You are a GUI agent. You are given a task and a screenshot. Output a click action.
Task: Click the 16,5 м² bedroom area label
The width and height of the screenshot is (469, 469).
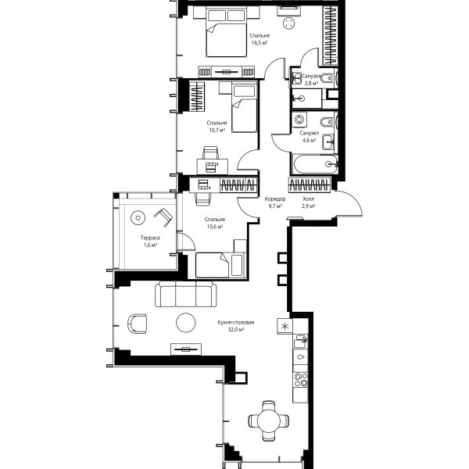(x=260, y=43)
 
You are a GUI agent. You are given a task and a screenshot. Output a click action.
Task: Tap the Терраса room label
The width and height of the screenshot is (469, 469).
(x=150, y=238)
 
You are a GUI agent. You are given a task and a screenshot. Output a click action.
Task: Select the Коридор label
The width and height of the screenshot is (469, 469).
(x=275, y=199)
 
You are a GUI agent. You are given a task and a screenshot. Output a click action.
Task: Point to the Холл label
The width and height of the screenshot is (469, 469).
(x=309, y=199)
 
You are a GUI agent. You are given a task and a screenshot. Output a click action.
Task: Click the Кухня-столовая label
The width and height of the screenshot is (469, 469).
(x=236, y=322)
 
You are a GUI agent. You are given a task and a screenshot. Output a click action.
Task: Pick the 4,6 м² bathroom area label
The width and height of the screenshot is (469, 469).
(x=309, y=140)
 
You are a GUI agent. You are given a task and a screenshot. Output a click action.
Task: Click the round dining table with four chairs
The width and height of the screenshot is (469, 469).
(x=269, y=421)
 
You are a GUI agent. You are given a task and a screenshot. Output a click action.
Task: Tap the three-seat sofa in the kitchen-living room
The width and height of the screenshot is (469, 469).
(x=186, y=294)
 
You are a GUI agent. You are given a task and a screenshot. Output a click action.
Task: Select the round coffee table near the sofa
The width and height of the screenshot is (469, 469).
(x=186, y=322)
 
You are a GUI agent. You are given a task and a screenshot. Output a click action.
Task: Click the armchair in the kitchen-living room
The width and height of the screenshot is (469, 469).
(x=138, y=324)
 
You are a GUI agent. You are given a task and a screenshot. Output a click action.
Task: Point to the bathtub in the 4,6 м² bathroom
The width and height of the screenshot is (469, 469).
(x=316, y=164)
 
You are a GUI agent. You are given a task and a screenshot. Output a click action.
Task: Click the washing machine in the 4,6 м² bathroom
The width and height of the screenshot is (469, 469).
(x=299, y=120)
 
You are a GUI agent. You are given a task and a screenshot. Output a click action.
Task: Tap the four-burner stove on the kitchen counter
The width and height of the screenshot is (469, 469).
(x=301, y=380)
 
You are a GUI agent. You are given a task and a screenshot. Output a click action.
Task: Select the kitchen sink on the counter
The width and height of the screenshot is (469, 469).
(x=300, y=341)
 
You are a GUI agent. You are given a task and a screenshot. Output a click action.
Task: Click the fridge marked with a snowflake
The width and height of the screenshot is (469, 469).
(x=285, y=326)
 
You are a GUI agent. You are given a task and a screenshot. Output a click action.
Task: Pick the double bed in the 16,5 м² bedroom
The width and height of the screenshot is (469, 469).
(x=227, y=31)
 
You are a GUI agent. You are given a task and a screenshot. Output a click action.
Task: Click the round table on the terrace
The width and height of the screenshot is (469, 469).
(x=138, y=218)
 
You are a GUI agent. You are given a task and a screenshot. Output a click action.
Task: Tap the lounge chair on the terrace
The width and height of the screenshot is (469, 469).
(x=163, y=217)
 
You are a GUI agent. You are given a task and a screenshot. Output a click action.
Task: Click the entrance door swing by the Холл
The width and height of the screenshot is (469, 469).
(x=349, y=202)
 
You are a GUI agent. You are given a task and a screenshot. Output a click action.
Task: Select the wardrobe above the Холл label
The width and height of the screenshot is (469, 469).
(x=310, y=184)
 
